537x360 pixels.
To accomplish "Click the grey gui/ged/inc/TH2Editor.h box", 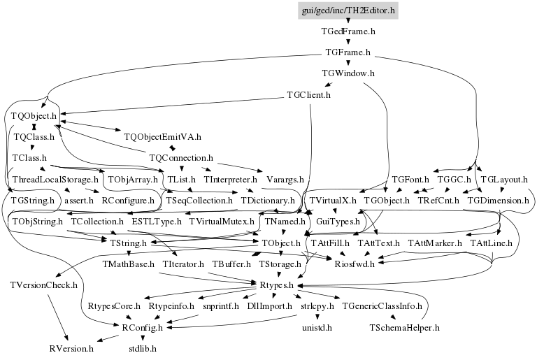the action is tap(348, 10).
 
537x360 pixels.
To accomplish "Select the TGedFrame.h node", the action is tap(348, 31).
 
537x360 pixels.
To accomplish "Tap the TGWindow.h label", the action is tap(348, 73).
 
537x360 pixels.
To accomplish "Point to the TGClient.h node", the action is tap(308, 95).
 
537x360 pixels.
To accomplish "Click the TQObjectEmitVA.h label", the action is tap(163, 137).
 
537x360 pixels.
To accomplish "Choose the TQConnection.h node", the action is tap(181, 158).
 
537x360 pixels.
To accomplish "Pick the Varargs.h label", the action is tap(285, 180).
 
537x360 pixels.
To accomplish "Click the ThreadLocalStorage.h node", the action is tap(55, 180).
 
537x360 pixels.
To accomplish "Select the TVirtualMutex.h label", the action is tap(222, 222).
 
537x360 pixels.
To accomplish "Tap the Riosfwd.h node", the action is tap(355, 264).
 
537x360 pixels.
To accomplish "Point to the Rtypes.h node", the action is tap(276, 285).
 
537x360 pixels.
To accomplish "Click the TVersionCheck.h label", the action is tap(44, 285).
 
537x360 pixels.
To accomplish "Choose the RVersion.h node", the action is tap(71, 349).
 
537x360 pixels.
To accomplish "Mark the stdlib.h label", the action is tap(143, 349).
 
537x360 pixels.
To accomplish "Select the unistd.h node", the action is tap(317, 328).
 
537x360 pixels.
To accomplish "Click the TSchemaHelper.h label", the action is tap(404, 328).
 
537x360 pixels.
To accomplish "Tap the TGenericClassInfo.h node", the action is tap(382, 306).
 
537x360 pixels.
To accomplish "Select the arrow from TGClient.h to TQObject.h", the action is tap(172, 106).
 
